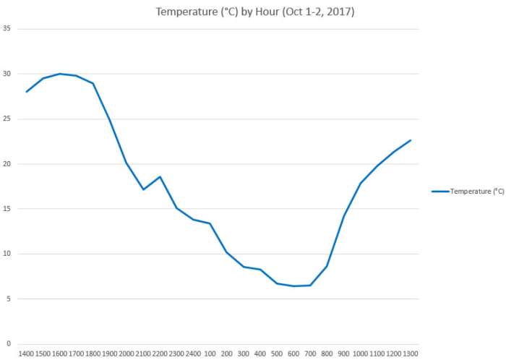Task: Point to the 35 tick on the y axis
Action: [7, 29]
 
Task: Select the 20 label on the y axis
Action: [7, 164]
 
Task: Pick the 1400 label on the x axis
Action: [26, 353]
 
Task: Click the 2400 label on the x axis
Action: [193, 353]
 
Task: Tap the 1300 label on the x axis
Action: [410, 353]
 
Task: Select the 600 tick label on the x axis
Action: [293, 353]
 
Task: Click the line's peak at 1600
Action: [59, 74]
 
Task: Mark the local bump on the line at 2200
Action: [160, 176]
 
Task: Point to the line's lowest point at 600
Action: [293, 286]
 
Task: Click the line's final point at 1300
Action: [410, 140]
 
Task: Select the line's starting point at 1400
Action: [26, 92]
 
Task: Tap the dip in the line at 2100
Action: [143, 189]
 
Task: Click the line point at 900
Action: [343, 215]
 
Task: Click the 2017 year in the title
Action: [340, 12]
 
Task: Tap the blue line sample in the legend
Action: [439, 192]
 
